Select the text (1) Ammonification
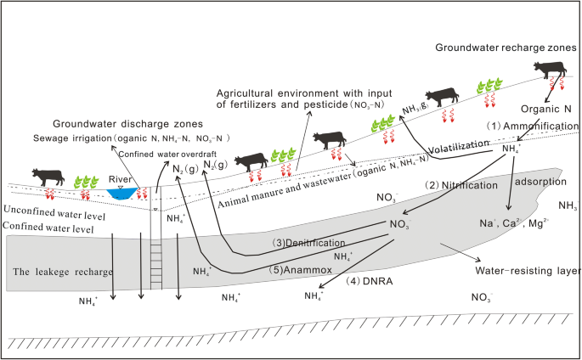(533, 125)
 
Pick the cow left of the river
(47, 177)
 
